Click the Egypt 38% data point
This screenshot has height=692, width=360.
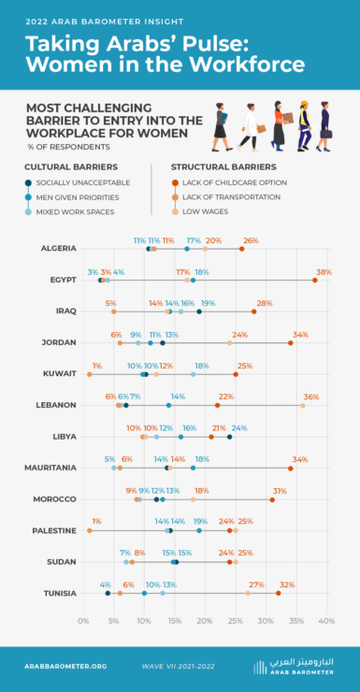pyautogui.click(x=315, y=280)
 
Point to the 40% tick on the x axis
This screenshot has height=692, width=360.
pyautogui.click(x=326, y=620)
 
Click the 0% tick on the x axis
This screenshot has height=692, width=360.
pyautogui.click(x=83, y=620)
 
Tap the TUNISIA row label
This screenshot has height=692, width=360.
pyautogui.click(x=59, y=593)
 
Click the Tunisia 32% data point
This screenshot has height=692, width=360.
pyautogui.click(x=279, y=593)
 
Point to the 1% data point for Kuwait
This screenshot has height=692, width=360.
pyautogui.click(x=90, y=374)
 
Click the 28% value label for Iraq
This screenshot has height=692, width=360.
pyautogui.click(x=265, y=303)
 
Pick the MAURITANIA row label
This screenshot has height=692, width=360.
pyautogui.click(x=51, y=468)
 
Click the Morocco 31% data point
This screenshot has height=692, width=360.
pyautogui.click(x=272, y=499)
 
